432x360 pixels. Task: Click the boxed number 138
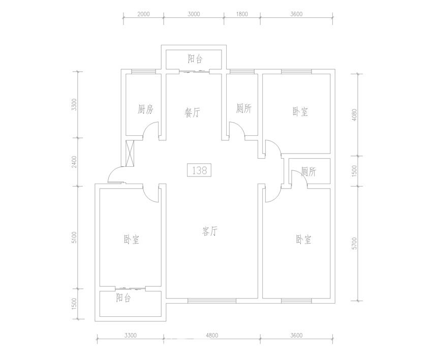(199, 170)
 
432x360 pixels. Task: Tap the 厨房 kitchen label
(145, 110)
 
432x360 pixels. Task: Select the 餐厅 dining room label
(192, 112)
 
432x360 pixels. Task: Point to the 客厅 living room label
(210, 231)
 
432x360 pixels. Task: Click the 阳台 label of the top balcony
(195, 58)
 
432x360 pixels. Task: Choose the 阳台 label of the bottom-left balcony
(123, 297)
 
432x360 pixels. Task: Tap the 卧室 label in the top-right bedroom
(300, 112)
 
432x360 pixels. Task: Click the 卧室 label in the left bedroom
(132, 239)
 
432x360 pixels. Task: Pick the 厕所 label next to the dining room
(244, 108)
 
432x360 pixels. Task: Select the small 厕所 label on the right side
(308, 172)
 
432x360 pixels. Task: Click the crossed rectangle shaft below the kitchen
(130, 153)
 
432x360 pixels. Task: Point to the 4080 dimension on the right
(354, 115)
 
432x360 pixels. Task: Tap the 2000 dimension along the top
(143, 14)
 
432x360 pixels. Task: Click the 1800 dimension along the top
(241, 14)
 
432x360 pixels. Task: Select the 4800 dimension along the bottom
(211, 336)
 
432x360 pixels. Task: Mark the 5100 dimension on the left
(74, 237)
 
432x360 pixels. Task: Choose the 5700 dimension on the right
(354, 244)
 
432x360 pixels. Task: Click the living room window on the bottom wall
(211, 301)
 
